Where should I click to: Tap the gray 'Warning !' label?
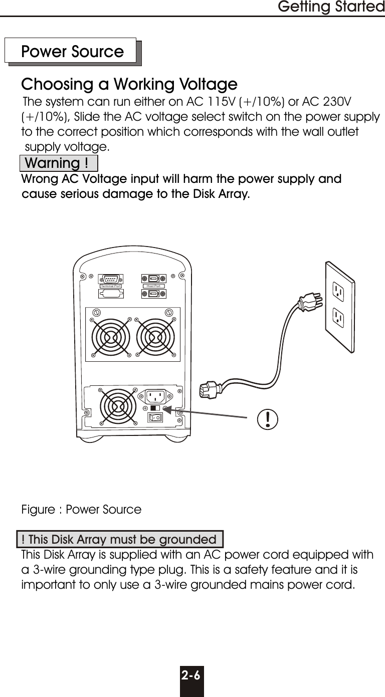point(57,163)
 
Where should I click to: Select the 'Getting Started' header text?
point(330,8)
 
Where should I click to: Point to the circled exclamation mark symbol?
point(269,418)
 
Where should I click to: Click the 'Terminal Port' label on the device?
point(111,286)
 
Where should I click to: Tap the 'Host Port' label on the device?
point(152,286)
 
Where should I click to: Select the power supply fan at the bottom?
point(118,406)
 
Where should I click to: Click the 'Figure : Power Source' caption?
point(81,510)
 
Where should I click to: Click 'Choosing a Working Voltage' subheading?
point(129,83)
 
